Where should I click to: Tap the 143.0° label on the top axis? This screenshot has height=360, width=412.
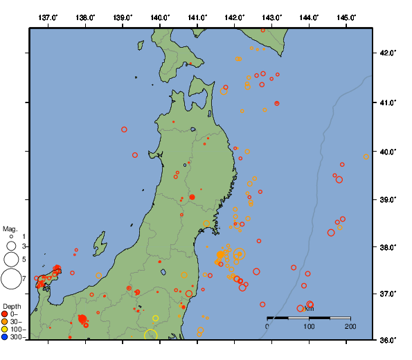click(x=272, y=17)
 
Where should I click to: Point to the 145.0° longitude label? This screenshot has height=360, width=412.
click(x=347, y=17)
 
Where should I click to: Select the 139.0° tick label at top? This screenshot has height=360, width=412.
click(x=123, y=17)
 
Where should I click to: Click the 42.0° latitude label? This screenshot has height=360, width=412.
click(x=386, y=53)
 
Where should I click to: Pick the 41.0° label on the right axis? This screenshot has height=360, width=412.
click(x=386, y=102)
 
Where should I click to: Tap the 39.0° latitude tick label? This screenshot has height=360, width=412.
click(x=386, y=199)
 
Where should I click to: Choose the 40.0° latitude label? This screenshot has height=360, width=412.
click(x=386, y=151)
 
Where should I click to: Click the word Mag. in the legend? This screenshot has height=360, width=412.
click(x=10, y=228)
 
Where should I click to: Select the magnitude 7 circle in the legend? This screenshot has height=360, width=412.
click(x=10, y=279)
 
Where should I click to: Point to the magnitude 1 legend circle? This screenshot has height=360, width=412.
click(x=11, y=237)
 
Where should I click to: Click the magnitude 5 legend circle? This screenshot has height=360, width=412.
click(x=10, y=260)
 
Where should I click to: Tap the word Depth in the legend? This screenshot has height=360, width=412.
click(x=12, y=306)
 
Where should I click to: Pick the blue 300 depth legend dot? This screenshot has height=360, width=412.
click(x=6, y=337)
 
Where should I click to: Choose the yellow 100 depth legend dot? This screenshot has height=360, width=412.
click(x=6, y=330)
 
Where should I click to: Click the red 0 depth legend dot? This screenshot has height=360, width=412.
click(x=6, y=314)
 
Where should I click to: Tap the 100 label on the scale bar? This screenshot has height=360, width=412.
click(x=309, y=325)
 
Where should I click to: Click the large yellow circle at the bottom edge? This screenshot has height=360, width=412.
click(x=151, y=336)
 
